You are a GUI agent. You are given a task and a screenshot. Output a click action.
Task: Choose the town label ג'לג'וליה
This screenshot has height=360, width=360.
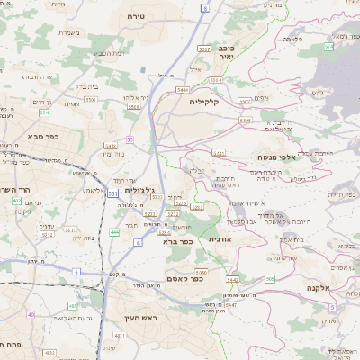coord(143,190)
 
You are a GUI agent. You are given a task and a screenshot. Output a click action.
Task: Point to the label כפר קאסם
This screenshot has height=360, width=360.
coord(184,278)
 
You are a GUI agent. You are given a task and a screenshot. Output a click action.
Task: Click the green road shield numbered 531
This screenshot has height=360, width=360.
coord(112,192)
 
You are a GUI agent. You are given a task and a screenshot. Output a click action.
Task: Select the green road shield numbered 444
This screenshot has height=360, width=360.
coord(114,232)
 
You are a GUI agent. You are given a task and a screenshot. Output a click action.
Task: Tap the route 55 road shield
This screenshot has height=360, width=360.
coord(130,139)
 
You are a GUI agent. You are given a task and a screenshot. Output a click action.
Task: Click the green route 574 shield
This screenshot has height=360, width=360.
coord(328,46)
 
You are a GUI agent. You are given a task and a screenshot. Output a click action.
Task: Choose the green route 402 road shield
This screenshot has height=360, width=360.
coord(17,201)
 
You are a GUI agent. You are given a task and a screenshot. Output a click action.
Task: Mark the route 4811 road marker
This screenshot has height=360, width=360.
coord(74,352)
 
